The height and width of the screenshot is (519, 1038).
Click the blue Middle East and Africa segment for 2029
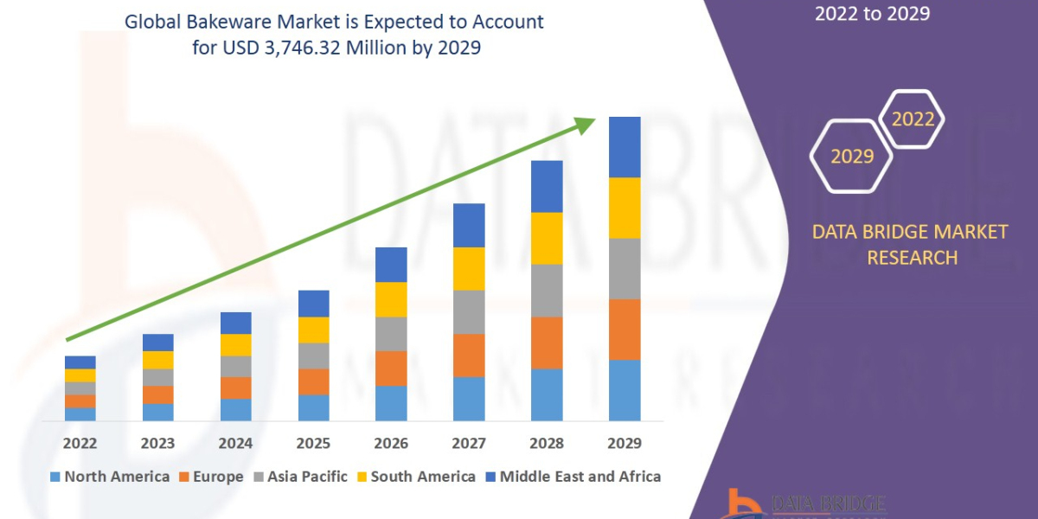pyautogui.click(x=625, y=147)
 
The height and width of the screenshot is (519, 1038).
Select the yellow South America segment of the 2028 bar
pyautogui.click(x=547, y=238)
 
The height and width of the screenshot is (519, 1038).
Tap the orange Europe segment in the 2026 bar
pyautogui.click(x=391, y=368)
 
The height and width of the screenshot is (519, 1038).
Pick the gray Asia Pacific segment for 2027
pyautogui.click(x=469, y=311)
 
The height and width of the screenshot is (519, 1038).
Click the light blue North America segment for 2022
pyautogui.click(x=80, y=414)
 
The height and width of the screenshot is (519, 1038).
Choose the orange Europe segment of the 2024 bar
pyautogui.click(x=236, y=388)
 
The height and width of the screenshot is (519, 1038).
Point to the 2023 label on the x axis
pyautogui.click(x=157, y=443)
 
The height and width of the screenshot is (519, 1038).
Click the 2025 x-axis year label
pyautogui.click(x=313, y=443)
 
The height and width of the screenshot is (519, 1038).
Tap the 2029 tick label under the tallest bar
pyautogui.click(x=625, y=443)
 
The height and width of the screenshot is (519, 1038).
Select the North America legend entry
pyautogui.click(x=109, y=476)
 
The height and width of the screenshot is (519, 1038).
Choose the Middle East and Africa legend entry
pyautogui.click(x=572, y=476)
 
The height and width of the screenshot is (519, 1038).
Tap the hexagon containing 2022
pyautogui.click(x=913, y=119)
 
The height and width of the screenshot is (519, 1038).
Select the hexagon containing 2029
pyautogui.click(x=852, y=157)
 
